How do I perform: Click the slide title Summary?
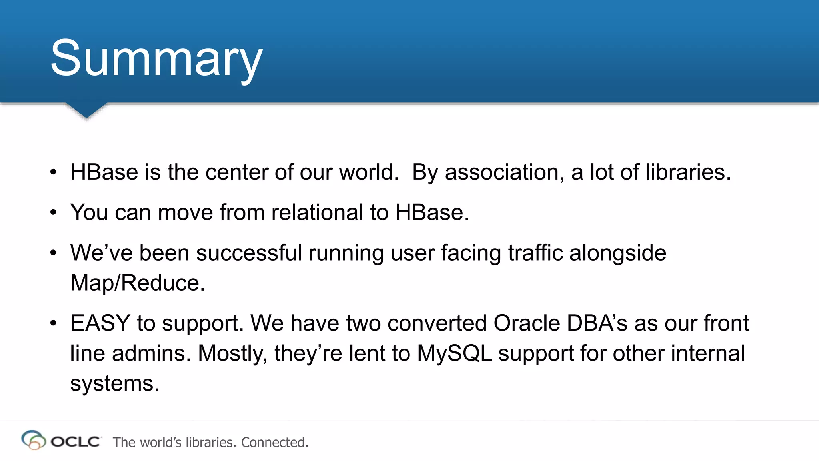pyautogui.click(x=156, y=59)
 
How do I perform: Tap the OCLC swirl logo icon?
pyautogui.click(x=34, y=440)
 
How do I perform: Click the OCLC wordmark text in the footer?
pyautogui.click(x=76, y=442)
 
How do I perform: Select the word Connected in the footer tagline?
pyautogui.click(x=274, y=442)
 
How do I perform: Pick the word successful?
pyautogui.click(x=249, y=253)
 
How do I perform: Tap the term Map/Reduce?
pyautogui.click(x=137, y=283)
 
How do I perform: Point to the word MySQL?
pyautogui.click(x=454, y=353)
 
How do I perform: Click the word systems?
pyautogui.click(x=115, y=383)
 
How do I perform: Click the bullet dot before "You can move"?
pyautogui.click(x=54, y=213)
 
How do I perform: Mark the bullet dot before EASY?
pyautogui.click(x=54, y=323)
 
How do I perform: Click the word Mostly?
pyautogui.click(x=232, y=354)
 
